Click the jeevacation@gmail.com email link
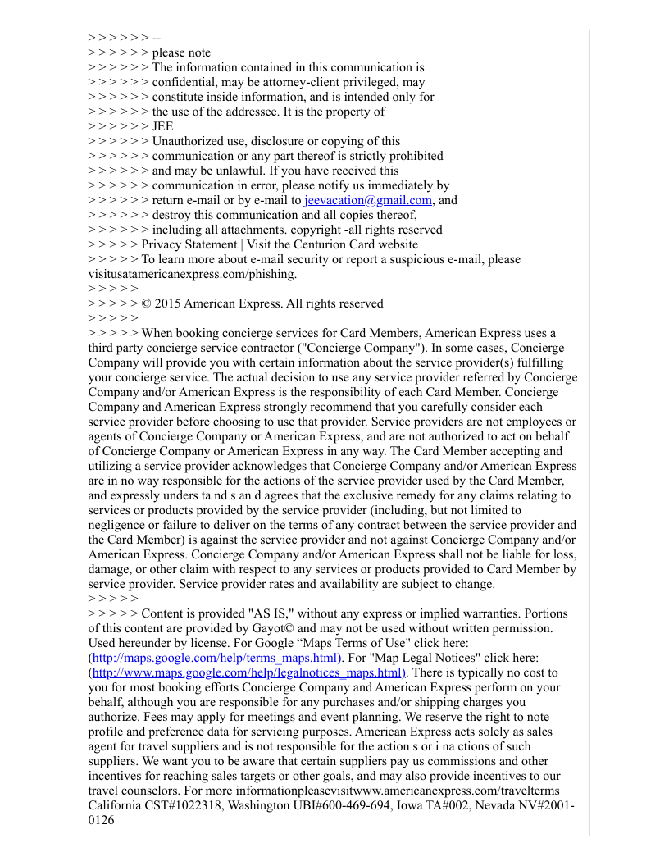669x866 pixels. click(x=368, y=200)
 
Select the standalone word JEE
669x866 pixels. click(x=163, y=126)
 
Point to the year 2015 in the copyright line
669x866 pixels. click(x=166, y=303)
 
